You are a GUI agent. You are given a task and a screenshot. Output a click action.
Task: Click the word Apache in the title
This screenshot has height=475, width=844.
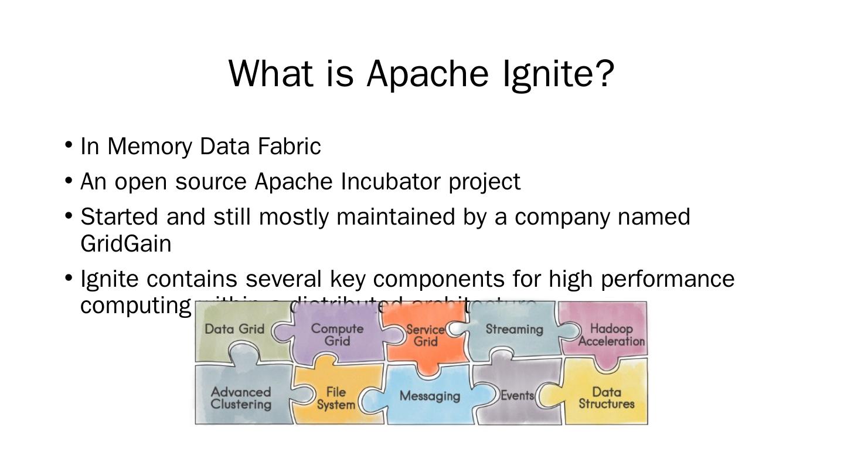pos(427,73)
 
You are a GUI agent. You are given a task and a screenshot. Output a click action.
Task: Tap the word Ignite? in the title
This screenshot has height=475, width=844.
pos(559,73)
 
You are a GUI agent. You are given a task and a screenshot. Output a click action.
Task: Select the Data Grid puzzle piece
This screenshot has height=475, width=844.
pos(234,330)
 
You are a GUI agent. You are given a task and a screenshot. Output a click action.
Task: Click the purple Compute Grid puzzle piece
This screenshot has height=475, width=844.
pos(337,334)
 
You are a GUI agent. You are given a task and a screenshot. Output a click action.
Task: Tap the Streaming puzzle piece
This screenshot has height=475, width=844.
pos(514,330)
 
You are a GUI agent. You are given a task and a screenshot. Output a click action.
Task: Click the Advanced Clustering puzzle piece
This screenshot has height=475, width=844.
pos(241,398)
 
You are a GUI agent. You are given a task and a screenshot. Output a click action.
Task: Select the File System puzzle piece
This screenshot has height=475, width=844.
pos(336,398)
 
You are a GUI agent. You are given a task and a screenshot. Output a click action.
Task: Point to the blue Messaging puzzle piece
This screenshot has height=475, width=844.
pos(430,396)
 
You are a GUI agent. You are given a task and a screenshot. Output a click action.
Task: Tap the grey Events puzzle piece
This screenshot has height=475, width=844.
pos(517,396)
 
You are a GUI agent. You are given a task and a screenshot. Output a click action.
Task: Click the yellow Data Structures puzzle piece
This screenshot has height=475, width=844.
pos(607,398)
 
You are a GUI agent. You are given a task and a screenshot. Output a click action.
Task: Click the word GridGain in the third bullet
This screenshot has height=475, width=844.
pos(125,244)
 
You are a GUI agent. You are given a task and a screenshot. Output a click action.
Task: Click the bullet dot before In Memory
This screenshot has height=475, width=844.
pos(69,144)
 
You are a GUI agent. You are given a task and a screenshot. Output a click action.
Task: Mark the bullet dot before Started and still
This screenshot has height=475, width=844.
pos(69,215)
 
